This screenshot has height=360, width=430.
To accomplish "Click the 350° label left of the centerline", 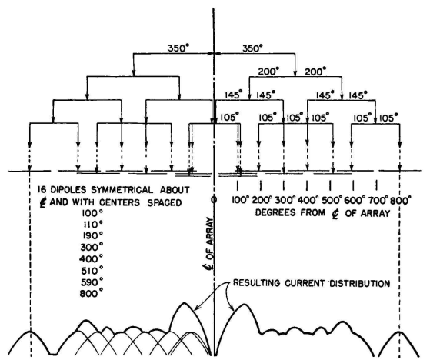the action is click(178, 48).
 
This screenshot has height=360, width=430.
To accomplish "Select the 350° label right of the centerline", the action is click(252, 48).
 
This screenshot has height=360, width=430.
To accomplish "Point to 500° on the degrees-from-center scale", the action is click(332, 201).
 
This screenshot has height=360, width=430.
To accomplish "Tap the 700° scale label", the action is click(378, 201).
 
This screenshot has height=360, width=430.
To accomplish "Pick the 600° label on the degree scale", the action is click(355, 201).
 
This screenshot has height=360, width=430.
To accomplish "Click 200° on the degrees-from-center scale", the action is click(262, 201).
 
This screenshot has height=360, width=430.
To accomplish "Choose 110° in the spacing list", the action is click(93, 225).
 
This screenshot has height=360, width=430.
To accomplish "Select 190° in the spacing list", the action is click(93, 236).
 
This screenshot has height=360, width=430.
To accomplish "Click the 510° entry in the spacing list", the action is click(92, 271).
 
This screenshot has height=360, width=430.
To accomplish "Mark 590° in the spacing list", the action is click(92, 282).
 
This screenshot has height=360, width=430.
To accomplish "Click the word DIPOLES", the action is click(68, 190).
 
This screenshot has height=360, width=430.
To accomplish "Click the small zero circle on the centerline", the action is click(214, 199).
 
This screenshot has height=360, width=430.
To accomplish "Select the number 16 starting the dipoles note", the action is click(42, 190).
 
